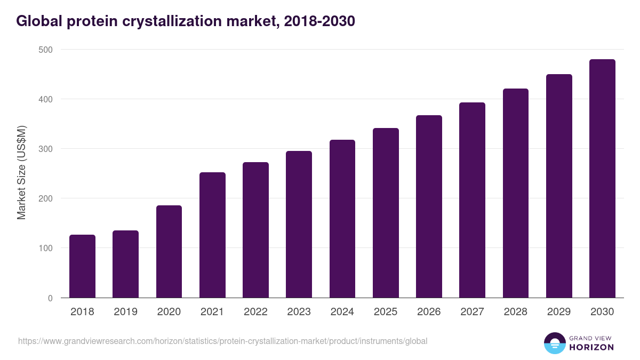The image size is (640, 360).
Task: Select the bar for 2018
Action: click(82, 266)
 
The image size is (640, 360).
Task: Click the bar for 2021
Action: click(212, 235)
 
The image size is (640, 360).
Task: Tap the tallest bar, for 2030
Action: click(602, 179)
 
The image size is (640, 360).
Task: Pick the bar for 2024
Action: click(342, 219)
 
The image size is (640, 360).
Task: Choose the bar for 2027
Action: click(472, 200)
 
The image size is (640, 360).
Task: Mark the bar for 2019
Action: click(125, 264)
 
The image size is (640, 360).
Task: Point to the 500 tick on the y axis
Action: click(45, 50)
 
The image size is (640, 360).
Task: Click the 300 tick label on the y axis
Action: click(45, 149)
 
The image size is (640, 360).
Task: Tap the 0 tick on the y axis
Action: click(50, 298)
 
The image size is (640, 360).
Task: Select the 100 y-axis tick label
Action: click(45, 249)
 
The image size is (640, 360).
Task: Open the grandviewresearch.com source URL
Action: click(222, 341)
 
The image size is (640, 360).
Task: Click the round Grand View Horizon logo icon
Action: click(554, 343)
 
